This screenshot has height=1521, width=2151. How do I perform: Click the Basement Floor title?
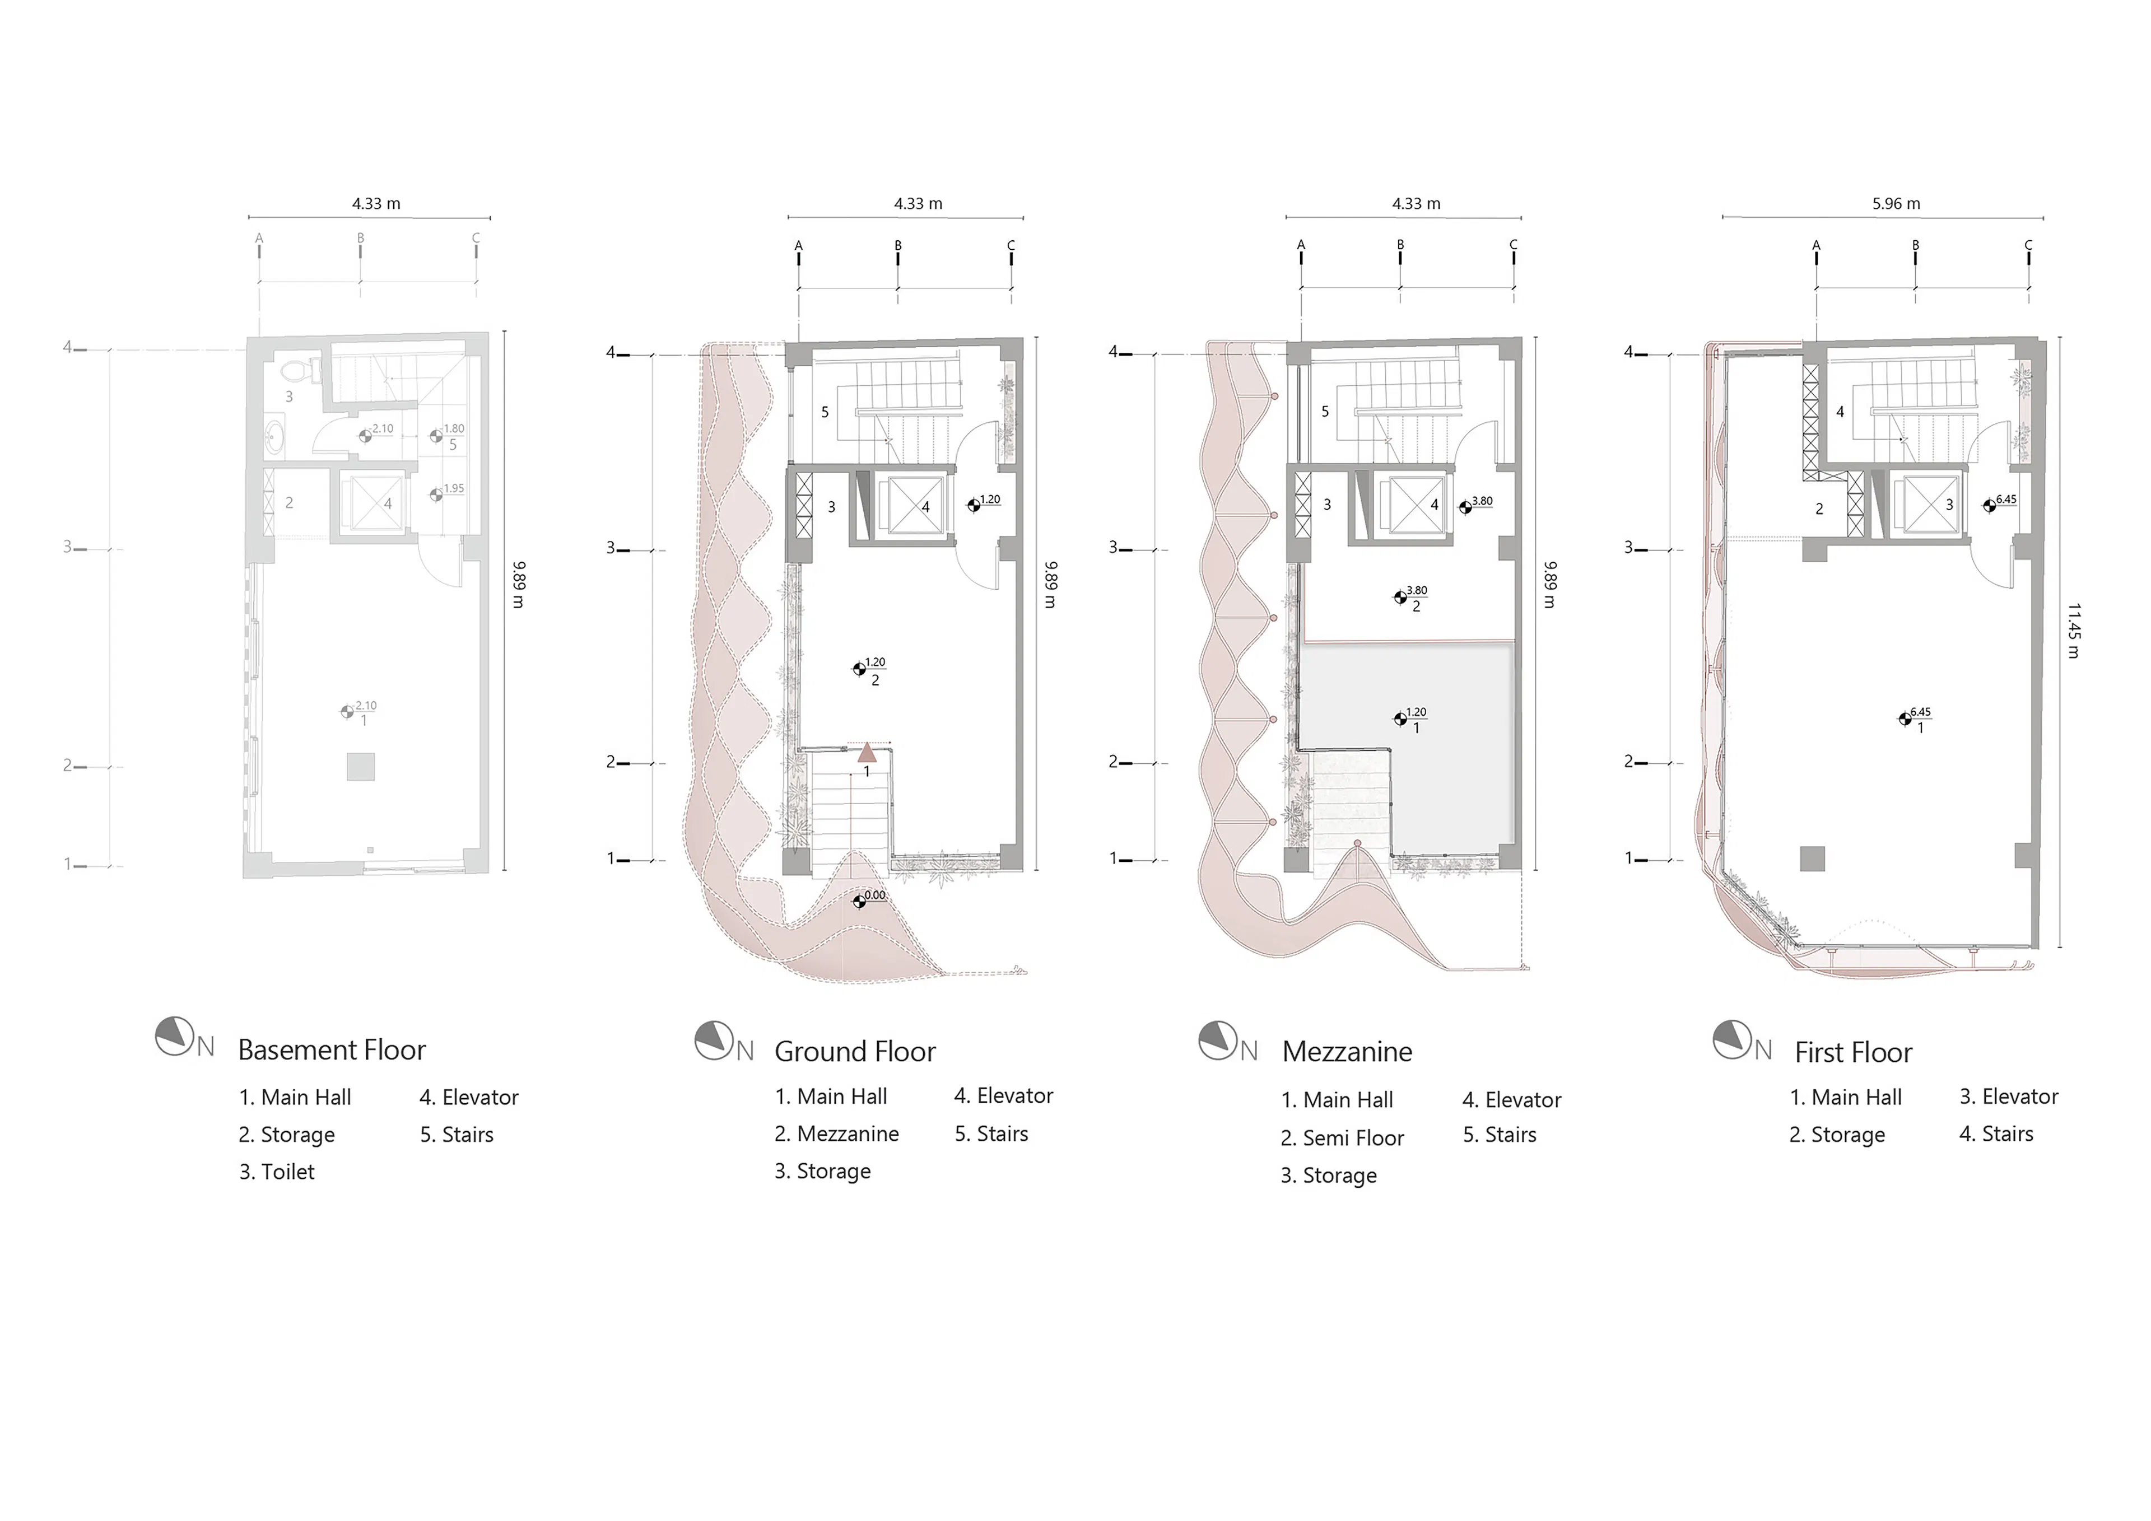(x=332, y=1050)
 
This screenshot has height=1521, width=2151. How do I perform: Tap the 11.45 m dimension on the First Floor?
(x=2073, y=631)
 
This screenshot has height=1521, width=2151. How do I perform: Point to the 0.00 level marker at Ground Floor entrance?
(x=860, y=901)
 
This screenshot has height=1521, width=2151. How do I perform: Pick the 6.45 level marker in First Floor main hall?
(x=1906, y=718)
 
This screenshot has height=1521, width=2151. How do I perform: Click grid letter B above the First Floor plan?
(x=1915, y=245)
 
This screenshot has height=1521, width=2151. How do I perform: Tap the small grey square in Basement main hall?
(x=361, y=766)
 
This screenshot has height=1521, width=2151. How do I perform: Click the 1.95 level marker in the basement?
(x=436, y=494)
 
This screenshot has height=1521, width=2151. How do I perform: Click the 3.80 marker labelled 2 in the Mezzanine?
(x=1402, y=596)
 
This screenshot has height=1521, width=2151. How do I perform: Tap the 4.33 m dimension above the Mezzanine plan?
(x=1416, y=203)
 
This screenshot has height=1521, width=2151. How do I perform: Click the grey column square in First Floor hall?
(x=1812, y=858)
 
